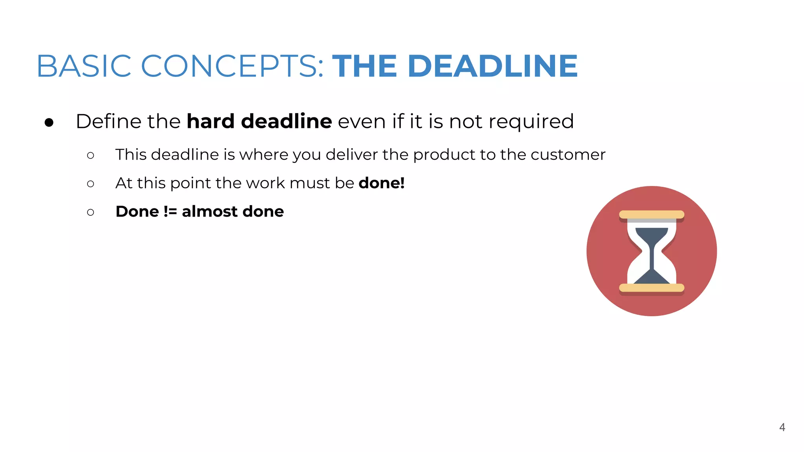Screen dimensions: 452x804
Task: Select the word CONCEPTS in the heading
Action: point(232,66)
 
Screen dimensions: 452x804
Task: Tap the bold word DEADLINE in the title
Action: point(493,66)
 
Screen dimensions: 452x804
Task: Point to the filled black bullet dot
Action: point(49,122)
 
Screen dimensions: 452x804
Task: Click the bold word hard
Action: point(210,121)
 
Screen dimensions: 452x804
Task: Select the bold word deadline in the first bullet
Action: point(287,121)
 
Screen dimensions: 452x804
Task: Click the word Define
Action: point(109,121)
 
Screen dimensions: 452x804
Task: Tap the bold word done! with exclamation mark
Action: point(382,183)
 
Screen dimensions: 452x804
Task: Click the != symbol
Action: point(170,211)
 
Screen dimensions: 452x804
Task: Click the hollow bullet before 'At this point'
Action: point(91,184)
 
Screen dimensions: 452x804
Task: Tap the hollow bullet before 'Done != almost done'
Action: point(91,212)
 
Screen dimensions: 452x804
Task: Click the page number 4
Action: point(782,427)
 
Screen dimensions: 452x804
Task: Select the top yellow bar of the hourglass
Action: point(652,215)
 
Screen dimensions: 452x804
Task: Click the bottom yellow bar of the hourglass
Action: point(652,288)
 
